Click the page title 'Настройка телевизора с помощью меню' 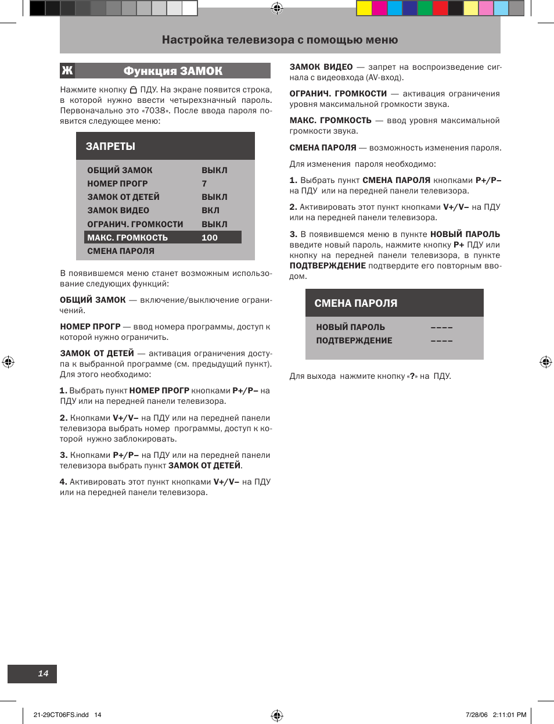[280, 40]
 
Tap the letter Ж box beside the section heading [67, 71]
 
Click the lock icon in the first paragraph [134, 90]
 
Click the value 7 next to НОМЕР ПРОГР [204, 184]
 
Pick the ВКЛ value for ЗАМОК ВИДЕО [210, 210]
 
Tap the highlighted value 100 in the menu [210, 238]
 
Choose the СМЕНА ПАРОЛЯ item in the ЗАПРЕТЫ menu [121, 251]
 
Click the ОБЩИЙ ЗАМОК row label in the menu [120, 170]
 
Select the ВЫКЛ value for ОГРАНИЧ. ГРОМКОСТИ [214, 224]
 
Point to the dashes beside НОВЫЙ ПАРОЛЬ [441, 328]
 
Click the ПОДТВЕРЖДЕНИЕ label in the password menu [354, 341]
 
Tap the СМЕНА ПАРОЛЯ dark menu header [356, 303]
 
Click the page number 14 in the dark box [43, 673]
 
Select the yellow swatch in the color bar [364, 8]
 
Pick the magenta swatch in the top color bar [379, 8]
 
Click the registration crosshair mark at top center [277, 8]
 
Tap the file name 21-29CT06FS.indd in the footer [61, 715]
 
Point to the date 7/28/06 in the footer [477, 715]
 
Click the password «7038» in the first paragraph [156, 111]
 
